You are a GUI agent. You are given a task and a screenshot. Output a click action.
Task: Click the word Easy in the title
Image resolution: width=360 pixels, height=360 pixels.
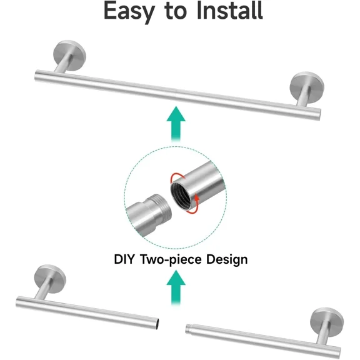(x=129, y=11)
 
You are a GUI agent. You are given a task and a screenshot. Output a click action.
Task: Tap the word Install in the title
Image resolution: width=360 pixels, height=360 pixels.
(x=230, y=11)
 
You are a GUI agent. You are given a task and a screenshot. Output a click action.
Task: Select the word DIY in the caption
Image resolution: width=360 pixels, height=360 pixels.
(x=124, y=259)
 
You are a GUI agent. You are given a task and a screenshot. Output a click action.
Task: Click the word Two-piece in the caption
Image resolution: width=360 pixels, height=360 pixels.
(x=171, y=260)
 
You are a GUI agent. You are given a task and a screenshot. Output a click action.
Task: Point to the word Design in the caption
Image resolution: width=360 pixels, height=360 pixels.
(x=227, y=260)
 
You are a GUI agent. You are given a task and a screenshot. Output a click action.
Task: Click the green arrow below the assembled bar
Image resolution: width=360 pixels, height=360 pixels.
(x=176, y=124)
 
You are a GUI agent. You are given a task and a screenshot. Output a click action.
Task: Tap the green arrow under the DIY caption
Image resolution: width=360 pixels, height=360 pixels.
(x=176, y=288)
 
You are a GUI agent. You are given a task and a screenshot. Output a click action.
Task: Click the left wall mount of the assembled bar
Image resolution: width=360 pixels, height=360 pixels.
(x=69, y=56)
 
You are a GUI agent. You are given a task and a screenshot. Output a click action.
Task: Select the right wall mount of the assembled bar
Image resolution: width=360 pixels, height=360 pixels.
(x=307, y=87)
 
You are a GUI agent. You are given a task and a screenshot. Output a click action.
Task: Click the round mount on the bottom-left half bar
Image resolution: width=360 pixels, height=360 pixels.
(x=50, y=279)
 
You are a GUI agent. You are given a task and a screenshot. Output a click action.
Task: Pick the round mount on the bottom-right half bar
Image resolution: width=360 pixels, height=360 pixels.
(x=327, y=322)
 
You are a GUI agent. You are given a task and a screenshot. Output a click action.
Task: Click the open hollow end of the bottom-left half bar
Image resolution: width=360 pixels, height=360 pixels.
(x=157, y=324)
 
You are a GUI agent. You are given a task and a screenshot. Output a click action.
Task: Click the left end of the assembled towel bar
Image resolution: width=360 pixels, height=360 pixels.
(x=36, y=76)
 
